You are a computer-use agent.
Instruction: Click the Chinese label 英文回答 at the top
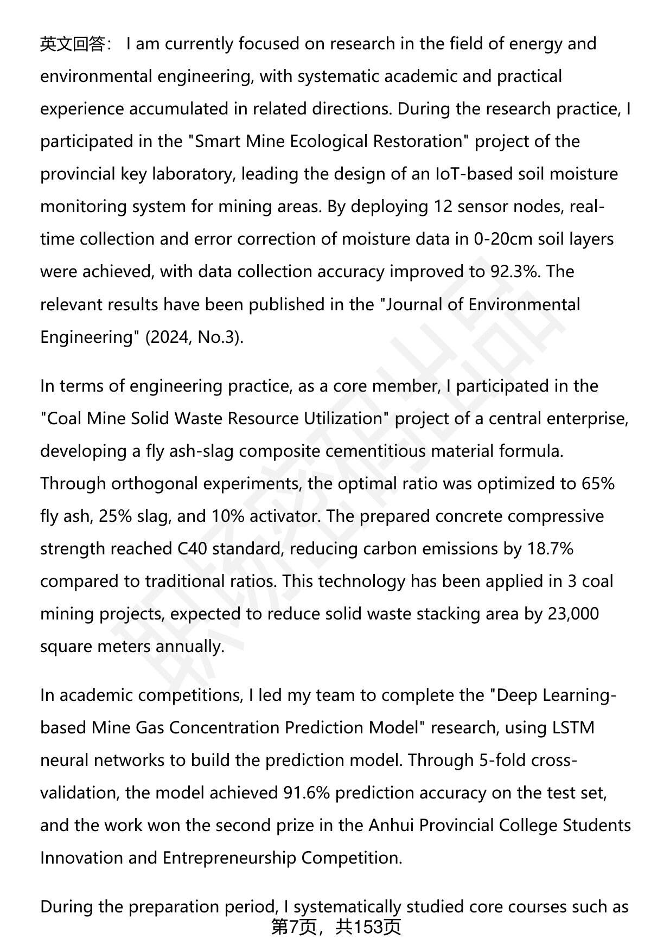pos(72,44)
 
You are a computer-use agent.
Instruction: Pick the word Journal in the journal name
pos(414,304)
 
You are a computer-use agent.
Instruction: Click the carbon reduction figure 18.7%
pos(550,548)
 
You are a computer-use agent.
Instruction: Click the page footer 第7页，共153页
pos(336,927)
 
